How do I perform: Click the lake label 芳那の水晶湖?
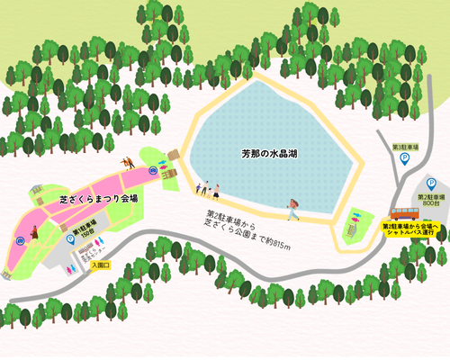[269, 154]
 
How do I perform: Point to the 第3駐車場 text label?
[405, 146]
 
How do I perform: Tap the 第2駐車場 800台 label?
[433, 200]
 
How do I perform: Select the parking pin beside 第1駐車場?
[71, 239]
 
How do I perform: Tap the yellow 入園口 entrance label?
[99, 265]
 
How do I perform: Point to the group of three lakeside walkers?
[208, 189]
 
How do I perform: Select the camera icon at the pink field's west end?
[19, 238]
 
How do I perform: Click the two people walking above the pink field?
[129, 163]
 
